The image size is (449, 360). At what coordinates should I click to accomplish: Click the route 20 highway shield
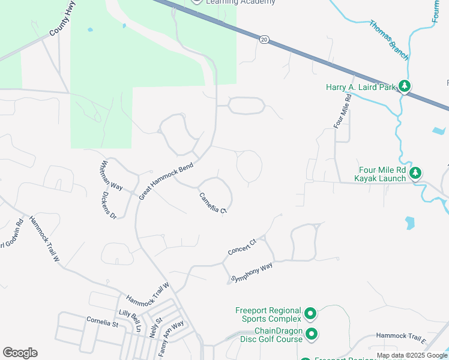point(264,39)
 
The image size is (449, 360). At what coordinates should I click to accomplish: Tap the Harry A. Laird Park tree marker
point(406,87)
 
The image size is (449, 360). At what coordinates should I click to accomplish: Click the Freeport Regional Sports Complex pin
point(310,313)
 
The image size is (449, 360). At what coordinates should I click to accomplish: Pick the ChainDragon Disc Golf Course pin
point(312,334)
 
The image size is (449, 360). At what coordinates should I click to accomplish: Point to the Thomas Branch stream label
point(389,40)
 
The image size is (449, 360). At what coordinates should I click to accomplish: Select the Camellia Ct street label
point(213,203)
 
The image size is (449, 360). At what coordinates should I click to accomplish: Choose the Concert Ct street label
point(242,247)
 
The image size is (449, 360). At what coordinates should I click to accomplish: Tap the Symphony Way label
point(252,272)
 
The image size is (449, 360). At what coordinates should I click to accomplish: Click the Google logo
point(20,353)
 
